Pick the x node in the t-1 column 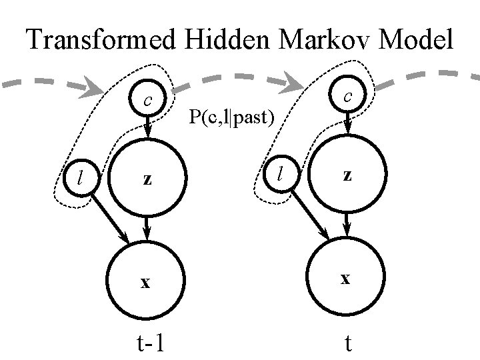pyautogui.click(x=145, y=281)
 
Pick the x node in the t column pyautogui.click(x=345, y=279)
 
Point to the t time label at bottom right pyautogui.click(x=347, y=342)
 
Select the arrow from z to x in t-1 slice pyautogui.click(x=148, y=229)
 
